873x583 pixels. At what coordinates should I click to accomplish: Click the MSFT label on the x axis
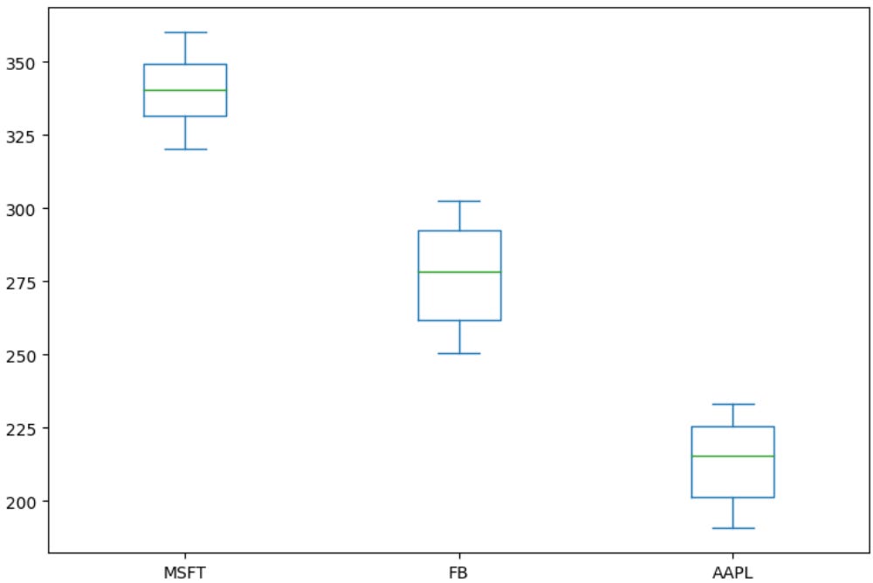pos(185,573)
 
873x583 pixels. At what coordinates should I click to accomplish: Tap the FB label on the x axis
pos(459,573)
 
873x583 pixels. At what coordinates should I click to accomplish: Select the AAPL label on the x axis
pos(732,573)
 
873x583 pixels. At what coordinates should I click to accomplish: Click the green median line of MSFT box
pos(185,90)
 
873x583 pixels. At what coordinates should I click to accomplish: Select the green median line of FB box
pos(459,272)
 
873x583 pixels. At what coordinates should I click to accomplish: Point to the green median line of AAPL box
pos(732,456)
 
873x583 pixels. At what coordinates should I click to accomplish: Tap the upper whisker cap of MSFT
pos(185,32)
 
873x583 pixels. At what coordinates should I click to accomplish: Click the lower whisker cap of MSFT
pos(185,149)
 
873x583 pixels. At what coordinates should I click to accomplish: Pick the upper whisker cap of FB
pos(459,201)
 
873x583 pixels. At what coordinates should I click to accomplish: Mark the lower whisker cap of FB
pos(459,353)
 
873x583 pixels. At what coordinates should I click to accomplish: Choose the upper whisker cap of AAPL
pos(732,404)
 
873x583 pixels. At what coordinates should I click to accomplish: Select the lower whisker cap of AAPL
pos(732,528)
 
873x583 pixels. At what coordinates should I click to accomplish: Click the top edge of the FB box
pos(459,231)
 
